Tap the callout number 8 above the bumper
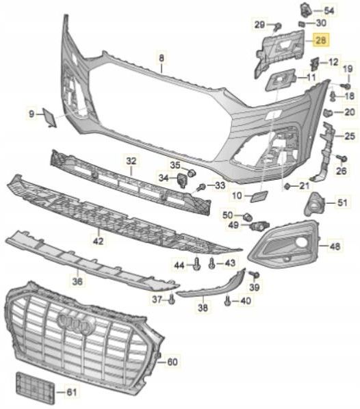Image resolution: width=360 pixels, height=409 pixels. [x=162, y=59]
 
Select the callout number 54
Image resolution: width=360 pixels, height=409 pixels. [x=330, y=10]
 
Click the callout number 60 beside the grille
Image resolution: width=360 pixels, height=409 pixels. [x=171, y=360]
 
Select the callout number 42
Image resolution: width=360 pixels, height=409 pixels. [x=98, y=241]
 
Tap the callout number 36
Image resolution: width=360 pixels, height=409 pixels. [x=77, y=280]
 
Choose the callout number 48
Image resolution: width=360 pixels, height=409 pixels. [x=334, y=245]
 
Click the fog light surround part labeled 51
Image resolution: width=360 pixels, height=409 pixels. [x=317, y=202]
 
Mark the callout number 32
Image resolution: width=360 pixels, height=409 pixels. [x=131, y=161]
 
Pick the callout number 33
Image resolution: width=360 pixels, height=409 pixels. [x=218, y=185]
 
